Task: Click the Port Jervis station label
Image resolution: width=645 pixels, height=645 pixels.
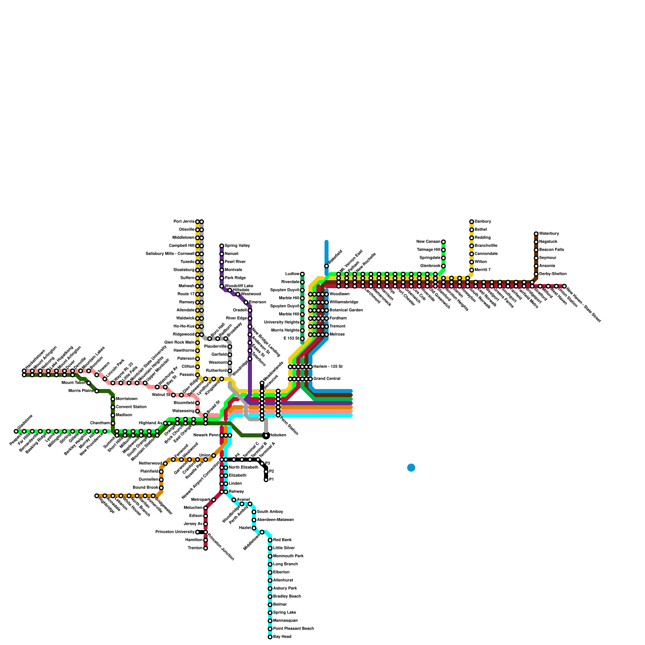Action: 184,222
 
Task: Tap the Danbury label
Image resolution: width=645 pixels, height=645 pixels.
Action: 483,222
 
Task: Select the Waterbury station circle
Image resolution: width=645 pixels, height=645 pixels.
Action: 536,234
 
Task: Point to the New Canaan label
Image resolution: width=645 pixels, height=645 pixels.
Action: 428,242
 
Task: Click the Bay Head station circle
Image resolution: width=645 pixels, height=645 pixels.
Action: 270,637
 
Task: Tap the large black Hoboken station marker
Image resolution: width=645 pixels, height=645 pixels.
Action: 266,435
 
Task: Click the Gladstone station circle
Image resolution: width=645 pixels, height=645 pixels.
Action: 16,431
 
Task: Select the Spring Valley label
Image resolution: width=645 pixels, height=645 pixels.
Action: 237,246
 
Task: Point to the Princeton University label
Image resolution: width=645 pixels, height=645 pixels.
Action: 175,532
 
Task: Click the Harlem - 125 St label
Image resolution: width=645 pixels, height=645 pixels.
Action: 328,367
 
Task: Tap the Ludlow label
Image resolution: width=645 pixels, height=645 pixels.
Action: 292,274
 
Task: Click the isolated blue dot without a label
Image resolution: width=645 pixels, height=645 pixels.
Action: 411,468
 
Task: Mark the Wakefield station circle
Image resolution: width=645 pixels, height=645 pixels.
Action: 327,266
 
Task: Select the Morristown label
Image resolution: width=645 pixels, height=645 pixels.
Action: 127,399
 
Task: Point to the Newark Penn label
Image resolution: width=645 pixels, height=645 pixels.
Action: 206,435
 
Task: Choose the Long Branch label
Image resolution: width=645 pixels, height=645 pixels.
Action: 285,564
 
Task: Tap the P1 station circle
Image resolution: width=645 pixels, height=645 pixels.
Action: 266,480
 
